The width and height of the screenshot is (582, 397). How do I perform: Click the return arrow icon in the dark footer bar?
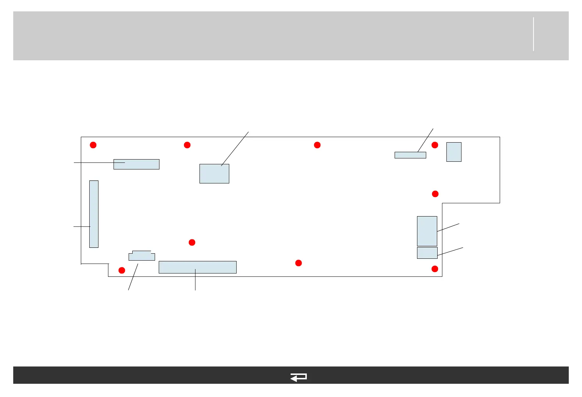click(298, 377)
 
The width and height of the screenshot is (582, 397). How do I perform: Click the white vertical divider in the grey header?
click(533, 34)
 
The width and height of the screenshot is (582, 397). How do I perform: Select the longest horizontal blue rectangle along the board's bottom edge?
click(197, 267)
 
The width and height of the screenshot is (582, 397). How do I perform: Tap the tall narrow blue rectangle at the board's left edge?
click(94, 214)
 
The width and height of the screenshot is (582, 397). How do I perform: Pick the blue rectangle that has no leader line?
click(454, 152)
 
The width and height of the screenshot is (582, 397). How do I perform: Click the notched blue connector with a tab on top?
click(141, 256)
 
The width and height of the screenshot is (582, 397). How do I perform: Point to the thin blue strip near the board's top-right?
click(410, 155)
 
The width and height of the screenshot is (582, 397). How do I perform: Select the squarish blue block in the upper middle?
click(214, 174)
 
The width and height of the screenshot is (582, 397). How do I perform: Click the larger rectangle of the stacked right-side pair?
click(427, 231)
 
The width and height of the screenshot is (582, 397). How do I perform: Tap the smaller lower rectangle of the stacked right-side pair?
click(427, 253)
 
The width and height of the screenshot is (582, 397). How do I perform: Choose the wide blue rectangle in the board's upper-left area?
click(136, 164)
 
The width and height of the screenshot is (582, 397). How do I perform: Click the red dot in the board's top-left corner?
click(93, 145)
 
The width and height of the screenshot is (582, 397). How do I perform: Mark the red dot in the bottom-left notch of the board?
click(122, 271)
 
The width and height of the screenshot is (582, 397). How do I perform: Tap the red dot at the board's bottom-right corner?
click(435, 269)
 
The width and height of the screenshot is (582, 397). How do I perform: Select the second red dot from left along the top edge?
click(187, 145)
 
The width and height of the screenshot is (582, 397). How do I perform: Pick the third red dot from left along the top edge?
click(317, 145)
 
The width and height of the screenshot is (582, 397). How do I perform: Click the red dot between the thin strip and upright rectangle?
click(435, 145)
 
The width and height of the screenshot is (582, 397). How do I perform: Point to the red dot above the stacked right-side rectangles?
click(435, 194)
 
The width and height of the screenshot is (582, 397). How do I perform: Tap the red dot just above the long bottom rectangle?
click(192, 242)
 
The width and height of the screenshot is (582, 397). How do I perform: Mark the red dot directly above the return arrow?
click(298, 263)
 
